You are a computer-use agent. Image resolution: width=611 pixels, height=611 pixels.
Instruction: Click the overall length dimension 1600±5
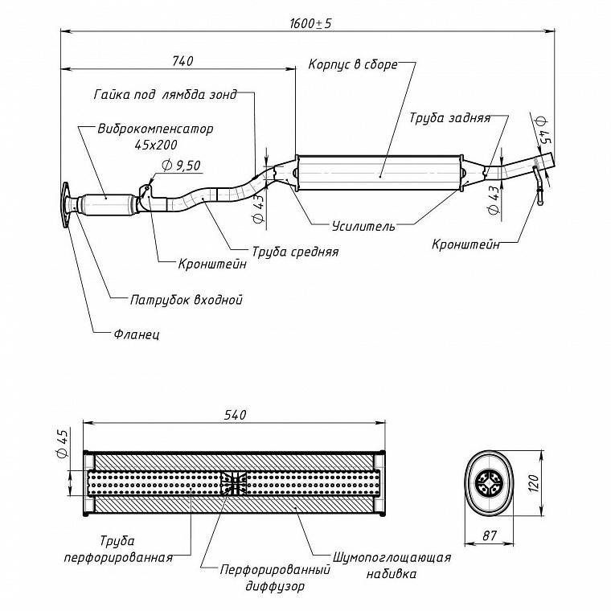310,23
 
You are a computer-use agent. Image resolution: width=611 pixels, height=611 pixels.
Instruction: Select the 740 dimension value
182,61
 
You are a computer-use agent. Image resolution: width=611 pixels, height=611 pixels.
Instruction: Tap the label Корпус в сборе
353,64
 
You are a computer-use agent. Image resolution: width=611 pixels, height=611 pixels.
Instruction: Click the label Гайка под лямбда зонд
166,95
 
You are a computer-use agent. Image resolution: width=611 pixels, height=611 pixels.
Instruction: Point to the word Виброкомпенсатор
155,129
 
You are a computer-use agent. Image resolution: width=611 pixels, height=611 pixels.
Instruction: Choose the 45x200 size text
156,145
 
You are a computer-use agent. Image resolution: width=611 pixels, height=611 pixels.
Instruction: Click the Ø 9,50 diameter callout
181,166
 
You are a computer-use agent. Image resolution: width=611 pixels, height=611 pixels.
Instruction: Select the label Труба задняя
449,117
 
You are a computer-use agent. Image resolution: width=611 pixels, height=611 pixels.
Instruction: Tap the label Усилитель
363,226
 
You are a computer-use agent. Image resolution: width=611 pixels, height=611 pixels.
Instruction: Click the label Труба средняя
295,252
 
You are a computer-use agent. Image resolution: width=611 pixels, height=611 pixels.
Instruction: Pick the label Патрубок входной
187,300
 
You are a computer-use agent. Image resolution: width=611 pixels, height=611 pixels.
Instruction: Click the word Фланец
137,334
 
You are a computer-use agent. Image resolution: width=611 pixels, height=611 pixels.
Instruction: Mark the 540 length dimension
235,415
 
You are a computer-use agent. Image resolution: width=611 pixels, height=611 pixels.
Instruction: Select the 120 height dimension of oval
533,483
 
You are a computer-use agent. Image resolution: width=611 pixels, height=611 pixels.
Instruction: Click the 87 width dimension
490,535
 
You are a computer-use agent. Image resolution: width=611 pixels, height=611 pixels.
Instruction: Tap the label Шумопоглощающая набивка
392,565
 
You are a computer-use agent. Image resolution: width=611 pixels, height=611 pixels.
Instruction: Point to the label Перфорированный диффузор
275,577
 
